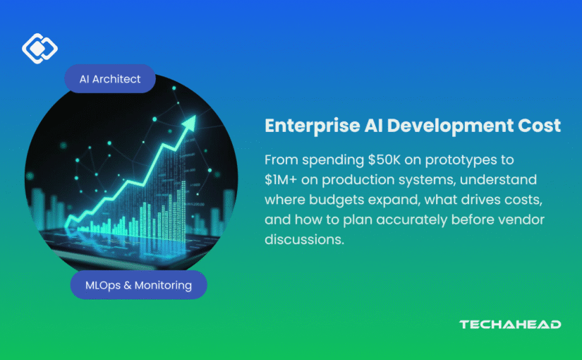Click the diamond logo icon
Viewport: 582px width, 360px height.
(40, 48)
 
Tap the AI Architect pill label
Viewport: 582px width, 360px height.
(110, 79)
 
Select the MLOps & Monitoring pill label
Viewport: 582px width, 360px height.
(138, 285)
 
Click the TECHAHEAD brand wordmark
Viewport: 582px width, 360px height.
(510, 324)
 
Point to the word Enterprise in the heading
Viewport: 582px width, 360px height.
(312, 126)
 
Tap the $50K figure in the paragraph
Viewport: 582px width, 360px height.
(384, 160)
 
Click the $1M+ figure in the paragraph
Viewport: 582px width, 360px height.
(281, 180)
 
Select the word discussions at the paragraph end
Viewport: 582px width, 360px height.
(304, 239)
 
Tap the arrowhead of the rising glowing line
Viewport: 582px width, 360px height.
(189, 123)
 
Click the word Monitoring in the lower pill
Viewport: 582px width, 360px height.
(164, 285)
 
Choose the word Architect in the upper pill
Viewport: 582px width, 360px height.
(116, 79)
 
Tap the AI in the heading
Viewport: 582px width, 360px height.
(373, 125)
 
